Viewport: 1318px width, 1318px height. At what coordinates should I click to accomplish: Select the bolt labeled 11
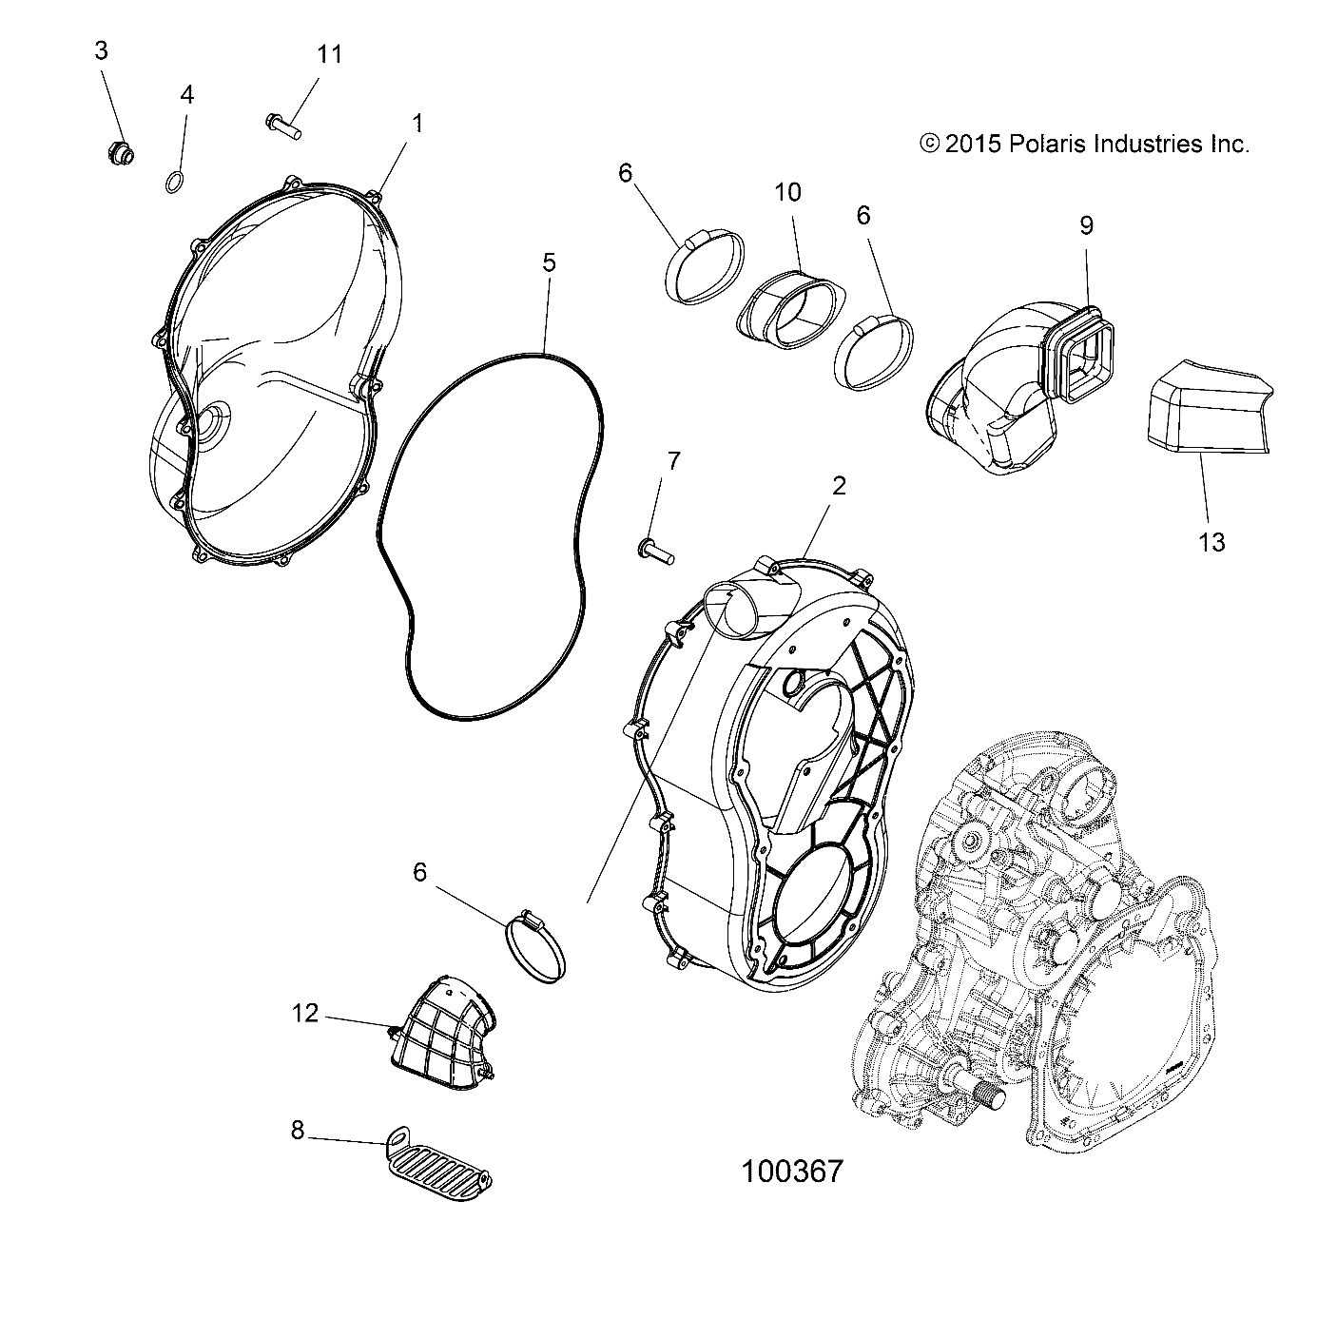281,125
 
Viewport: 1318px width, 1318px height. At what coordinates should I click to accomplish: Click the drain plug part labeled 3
121,151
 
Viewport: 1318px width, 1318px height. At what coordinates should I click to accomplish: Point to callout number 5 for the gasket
550,262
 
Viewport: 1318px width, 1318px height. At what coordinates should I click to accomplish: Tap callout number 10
787,192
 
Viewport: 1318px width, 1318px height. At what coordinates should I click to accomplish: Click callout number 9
1086,225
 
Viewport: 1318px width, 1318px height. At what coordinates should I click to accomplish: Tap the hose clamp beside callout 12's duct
535,944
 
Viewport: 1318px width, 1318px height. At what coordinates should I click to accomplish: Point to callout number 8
298,1131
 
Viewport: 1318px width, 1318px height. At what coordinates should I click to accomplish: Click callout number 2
838,486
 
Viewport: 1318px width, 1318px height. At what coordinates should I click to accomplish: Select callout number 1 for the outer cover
417,124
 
